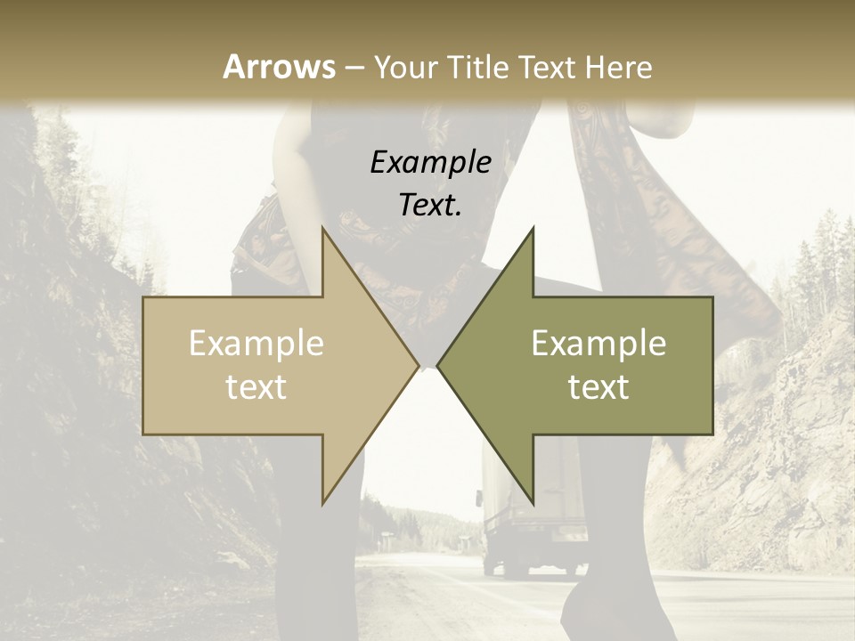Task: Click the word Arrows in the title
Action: tap(279, 67)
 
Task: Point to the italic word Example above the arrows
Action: tap(431, 162)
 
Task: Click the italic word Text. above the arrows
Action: tap(431, 205)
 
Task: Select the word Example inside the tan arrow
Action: tap(256, 344)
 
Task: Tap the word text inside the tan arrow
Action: tap(256, 387)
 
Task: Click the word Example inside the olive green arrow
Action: tap(598, 344)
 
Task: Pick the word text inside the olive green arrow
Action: tap(598, 387)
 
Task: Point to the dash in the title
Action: tap(354, 69)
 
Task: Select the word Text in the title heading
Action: tap(552, 67)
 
